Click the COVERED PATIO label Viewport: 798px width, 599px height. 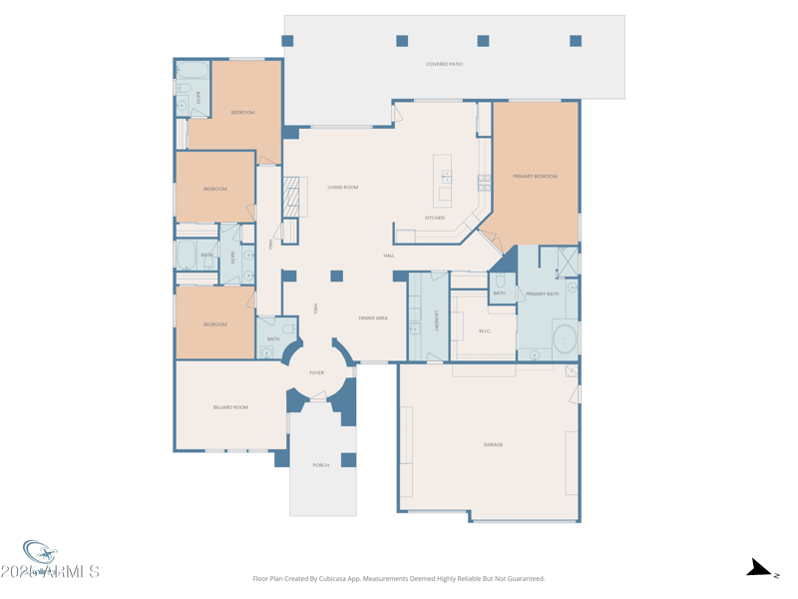coord(444,64)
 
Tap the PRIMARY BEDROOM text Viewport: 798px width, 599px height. coord(535,177)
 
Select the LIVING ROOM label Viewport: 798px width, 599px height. coord(342,188)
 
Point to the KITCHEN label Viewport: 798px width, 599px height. coord(435,218)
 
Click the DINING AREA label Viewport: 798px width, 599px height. coord(373,318)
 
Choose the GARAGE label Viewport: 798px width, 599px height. coord(493,444)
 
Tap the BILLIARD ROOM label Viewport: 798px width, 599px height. coord(230,407)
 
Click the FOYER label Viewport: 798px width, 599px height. coord(316,372)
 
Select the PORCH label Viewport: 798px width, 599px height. coord(321,465)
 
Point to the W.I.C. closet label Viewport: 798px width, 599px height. coord(485,331)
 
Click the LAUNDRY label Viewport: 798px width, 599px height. coord(437,320)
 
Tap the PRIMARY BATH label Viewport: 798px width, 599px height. coord(543,295)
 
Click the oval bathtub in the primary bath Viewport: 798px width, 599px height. coord(565,338)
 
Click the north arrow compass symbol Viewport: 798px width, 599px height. coord(761,569)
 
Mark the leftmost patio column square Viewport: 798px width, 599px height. coord(287,41)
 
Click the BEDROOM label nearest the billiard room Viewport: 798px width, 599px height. coord(215,324)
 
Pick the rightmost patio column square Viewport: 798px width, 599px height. coord(576,41)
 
